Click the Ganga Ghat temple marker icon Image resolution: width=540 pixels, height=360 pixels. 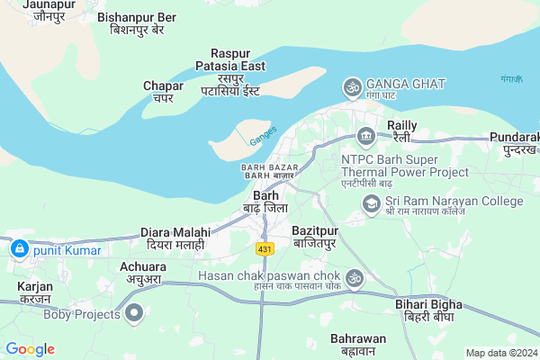pos(352,87)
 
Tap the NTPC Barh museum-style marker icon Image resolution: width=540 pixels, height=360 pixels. pos(366,138)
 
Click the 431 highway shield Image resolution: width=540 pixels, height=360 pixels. pos(264,247)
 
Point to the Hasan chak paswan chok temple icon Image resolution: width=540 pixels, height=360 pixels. pos(354,278)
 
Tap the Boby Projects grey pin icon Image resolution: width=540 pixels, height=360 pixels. pos(134,314)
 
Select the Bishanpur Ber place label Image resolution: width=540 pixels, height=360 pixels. pos(137,22)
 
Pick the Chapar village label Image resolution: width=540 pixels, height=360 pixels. pos(163,91)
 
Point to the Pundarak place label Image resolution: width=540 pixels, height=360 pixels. pos(514,141)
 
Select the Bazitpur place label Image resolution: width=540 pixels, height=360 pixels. pos(314,237)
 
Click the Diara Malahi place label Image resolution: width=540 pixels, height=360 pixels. pos(175,238)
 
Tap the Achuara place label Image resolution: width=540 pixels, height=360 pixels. pos(143,273)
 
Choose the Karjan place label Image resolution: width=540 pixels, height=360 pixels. pos(35,292)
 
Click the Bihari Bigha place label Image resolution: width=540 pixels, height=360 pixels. pos(428,311)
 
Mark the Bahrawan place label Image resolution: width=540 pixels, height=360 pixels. pos(357,344)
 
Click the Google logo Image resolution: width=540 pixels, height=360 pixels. pos(30,349)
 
